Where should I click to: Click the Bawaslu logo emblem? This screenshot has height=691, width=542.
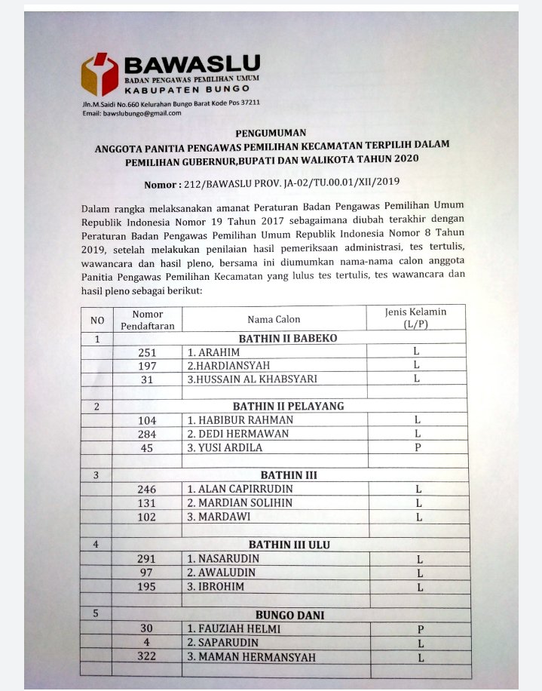tap(100, 74)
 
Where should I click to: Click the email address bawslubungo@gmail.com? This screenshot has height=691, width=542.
tap(131, 113)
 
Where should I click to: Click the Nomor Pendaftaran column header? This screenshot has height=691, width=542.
tap(147, 319)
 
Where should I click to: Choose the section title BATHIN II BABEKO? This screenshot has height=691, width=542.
tap(288, 338)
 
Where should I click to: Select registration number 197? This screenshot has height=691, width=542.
tap(147, 366)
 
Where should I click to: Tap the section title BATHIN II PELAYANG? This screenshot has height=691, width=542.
tap(288, 406)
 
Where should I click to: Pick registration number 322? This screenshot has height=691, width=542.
tap(147, 657)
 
